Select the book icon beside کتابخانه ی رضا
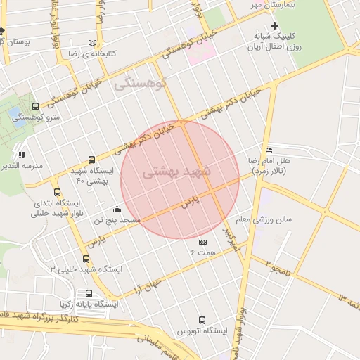tap(94, 42)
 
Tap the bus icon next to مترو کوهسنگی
tap(35, 106)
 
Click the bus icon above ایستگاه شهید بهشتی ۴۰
tap(91, 160)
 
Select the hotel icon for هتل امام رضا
tap(270, 150)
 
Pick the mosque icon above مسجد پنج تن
tap(117, 209)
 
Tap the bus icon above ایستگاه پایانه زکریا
tap(89, 293)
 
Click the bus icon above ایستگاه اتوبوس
tap(203, 319)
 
